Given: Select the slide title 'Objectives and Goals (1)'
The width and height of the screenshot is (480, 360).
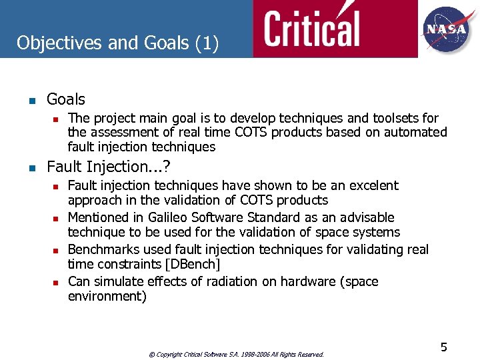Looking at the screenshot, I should [x=117, y=43].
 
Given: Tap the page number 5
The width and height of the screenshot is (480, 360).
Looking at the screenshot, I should [x=443, y=347].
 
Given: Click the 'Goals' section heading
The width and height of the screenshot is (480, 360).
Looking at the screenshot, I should [x=66, y=99].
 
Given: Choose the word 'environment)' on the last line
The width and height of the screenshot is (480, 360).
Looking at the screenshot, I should [x=107, y=296].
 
